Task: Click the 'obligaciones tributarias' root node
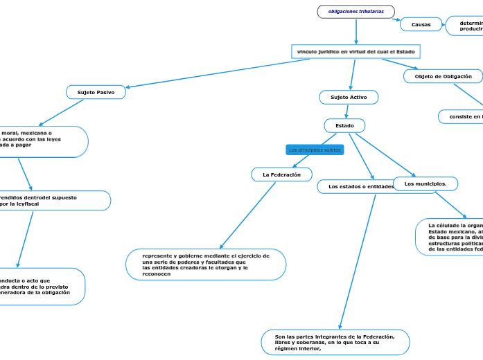tap(355, 12)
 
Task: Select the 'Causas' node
tap(421, 24)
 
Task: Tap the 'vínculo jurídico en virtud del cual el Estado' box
tap(355, 52)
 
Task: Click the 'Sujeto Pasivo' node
tap(96, 92)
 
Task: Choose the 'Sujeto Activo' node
tap(349, 98)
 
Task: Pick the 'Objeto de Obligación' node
tap(443, 76)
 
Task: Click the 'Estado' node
tap(344, 126)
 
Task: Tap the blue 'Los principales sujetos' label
tap(315, 150)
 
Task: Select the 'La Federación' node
tap(281, 175)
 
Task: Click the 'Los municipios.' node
tap(425, 183)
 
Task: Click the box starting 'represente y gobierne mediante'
tap(205, 264)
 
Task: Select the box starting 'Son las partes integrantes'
tap(335, 342)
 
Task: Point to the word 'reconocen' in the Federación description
tap(156, 274)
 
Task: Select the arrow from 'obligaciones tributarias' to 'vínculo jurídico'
tap(355, 31)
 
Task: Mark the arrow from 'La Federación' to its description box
tap(247, 215)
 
